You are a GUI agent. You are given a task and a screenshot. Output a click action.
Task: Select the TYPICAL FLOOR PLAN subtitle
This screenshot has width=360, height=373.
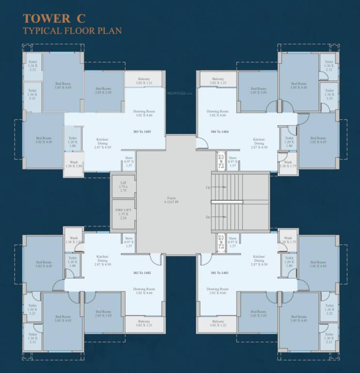click(72, 31)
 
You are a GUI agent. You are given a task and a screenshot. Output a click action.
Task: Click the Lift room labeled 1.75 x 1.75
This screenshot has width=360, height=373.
click(123, 186)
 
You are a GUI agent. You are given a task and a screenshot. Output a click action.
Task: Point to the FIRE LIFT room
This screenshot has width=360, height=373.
click(123, 214)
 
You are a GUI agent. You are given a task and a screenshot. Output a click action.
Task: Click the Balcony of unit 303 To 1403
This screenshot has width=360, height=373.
click(144, 81)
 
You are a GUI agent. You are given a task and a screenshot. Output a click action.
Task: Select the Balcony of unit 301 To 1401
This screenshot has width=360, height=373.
click(217, 323)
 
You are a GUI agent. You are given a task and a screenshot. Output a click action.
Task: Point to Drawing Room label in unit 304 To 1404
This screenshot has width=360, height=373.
click(217, 113)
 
